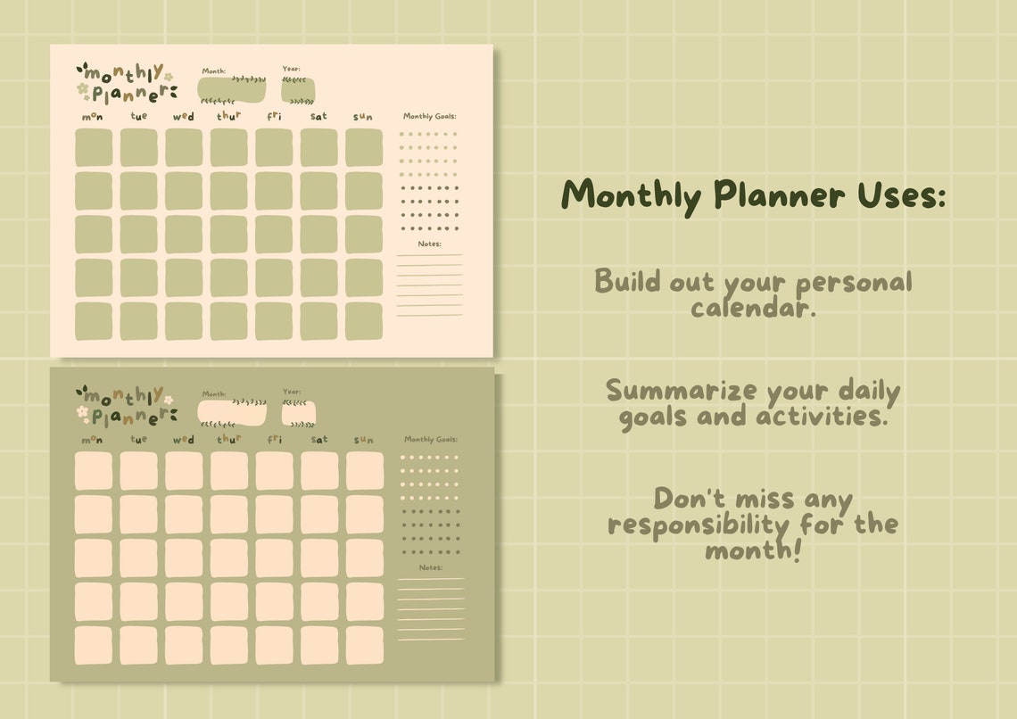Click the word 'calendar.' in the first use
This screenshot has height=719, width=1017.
pyautogui.click(x=754, y=309)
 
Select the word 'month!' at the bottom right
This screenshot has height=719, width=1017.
pyautogui.click(x=753, y=550)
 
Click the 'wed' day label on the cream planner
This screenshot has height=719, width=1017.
pyautogui.click(x=183, y=117)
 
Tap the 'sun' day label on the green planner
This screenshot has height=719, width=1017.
pyautogui.click(x=363, y=440)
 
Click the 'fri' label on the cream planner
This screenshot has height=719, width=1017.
pyautogui.click(x=274, y=116)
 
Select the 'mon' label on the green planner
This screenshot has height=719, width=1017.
pyautogui.click(x=92, y=440)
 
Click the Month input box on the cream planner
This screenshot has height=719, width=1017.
pyautogui.click(x=232, y=90)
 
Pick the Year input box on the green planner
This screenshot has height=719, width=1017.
pyautogui.click(x=299, y=413)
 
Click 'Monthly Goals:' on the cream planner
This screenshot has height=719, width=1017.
pyautogui.click(x=430, y=116)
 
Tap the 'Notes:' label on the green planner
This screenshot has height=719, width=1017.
pyautogui.click(x=431, y=567)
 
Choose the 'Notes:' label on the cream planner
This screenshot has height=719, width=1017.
pyautogui.click(x=430, y=244)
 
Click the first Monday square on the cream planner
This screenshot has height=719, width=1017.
pyautogui.click(x=94, y=147)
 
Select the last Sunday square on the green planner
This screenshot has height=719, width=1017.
pyautogui.click(x=364, y=645)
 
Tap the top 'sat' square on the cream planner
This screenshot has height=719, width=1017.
pyautogui.click(x=318, y=147)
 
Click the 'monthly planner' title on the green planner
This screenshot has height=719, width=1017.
pyautogui.click(x=125, y=406)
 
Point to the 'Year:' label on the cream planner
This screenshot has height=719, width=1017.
pyautogui.click(x=292, y=69)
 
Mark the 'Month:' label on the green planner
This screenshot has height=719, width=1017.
pyautogui.click(x=214, y=393)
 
